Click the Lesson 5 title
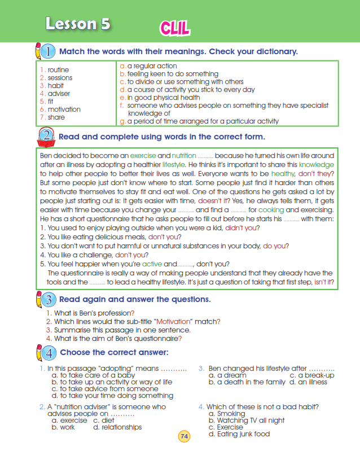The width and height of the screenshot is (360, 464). coord(78,24)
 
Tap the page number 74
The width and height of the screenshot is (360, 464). coord(184,436)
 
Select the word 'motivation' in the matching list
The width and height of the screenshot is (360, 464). coord(64,110)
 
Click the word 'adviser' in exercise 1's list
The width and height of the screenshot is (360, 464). coord(59,94)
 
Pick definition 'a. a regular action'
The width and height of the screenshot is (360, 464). coord(148,66)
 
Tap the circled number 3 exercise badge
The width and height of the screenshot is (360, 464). coord(49,300)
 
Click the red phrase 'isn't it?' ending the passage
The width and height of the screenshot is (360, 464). coord(324,282)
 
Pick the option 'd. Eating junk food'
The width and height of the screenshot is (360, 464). coord(239,434)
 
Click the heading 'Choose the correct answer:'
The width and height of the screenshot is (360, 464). coord(114,353)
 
